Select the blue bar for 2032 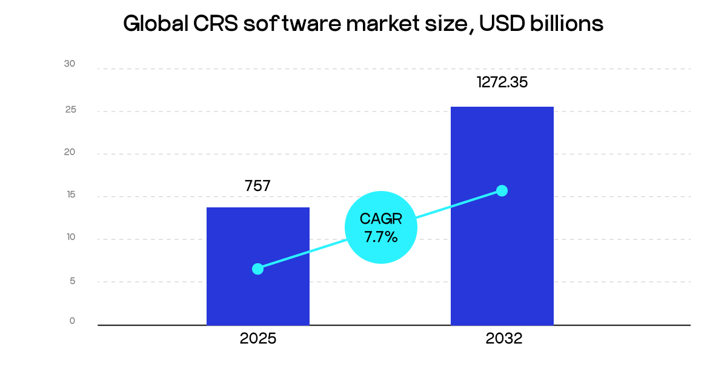(502, 255)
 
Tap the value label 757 (257, 186)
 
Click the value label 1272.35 (502, 82)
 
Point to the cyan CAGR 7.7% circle (381, 227)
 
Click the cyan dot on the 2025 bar (257, 269)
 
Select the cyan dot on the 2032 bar (502, 190)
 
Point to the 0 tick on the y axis (72, 321)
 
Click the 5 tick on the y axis (71, 281)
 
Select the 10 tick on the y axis (70, 237)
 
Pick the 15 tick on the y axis (70, 195)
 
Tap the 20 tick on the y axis (70, 152)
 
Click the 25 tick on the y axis (70, 110)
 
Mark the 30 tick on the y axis (70, 64)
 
